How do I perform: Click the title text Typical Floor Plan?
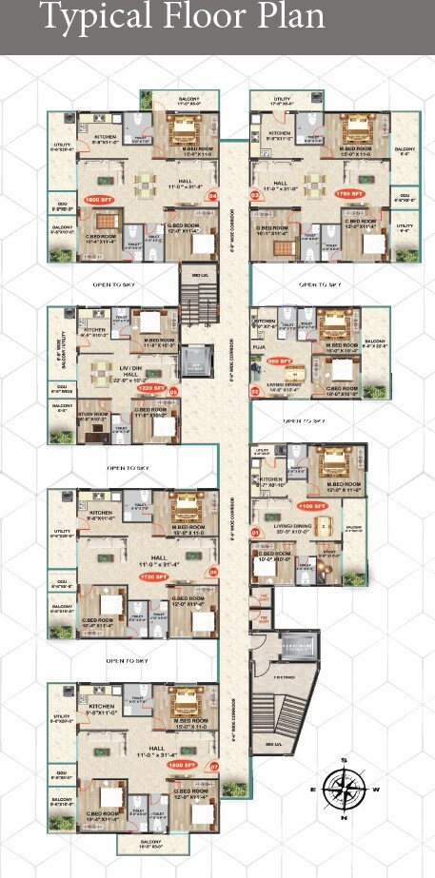coord(181,18)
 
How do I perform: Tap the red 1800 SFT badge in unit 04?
coord(98,200)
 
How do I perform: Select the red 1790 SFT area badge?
coord(349,193)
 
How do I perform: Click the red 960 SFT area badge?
coord(280,361)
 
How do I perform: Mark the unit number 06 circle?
coord(212,573)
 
